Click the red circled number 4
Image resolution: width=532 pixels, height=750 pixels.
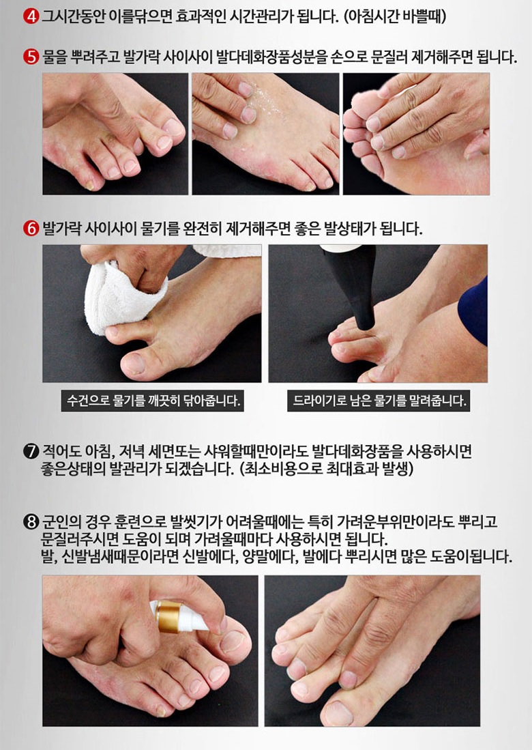[31, 17]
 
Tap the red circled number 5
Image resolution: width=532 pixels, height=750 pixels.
[31, 57]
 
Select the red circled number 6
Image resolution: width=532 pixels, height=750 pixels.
[31, 228]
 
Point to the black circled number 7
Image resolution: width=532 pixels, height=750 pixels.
[31, 452]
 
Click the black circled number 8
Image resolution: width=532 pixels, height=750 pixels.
[31, 521]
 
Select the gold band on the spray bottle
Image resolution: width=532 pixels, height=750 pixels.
[168, 617]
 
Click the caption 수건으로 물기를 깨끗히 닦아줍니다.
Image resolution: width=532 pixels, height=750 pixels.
[153, 401]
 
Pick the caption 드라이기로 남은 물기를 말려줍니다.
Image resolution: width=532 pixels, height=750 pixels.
[379, 401]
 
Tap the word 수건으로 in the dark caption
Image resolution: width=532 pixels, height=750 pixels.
[88, 401]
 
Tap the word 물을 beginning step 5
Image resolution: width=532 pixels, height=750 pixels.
[54, 58]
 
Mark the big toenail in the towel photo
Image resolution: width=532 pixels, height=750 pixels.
[136, 364]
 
